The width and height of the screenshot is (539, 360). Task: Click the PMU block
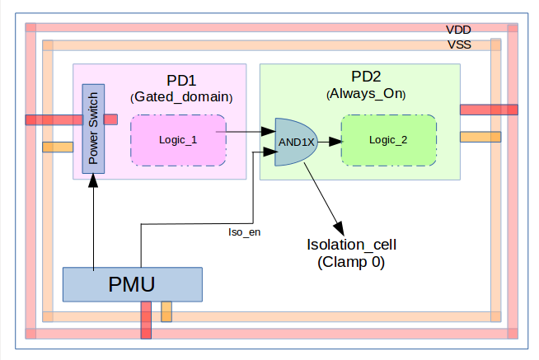pos(132,285)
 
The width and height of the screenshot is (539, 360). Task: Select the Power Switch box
pos(92,128)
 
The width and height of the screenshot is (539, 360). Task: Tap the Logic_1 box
pos(178,139)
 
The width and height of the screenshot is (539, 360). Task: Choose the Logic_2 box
pos(387,139)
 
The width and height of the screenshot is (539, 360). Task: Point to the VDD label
pos(459,29)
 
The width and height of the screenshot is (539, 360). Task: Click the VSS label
pos(459,44)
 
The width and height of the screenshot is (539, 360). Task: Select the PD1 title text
pos(180,81)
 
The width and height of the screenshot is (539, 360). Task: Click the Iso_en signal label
pos(244,232)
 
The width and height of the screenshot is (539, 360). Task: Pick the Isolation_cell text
pos(351,246)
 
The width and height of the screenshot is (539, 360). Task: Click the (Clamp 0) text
pos(351,263)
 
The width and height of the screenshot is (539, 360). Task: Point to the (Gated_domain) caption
pos(182,97)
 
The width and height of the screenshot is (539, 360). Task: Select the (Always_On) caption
pos(367,93)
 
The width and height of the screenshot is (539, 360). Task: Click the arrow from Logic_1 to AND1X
pos(250,131)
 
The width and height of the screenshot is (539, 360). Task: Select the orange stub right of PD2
pos(480,137)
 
